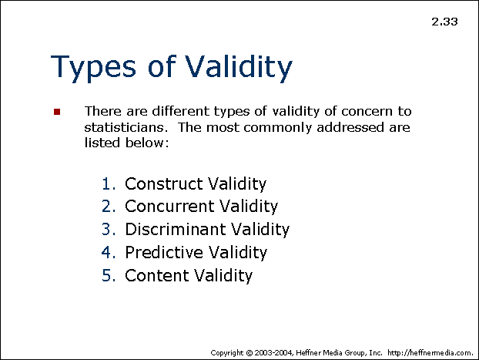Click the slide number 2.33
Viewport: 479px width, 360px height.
(444, 22)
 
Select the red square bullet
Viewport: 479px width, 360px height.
(57, 112)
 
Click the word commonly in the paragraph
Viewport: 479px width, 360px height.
(277, 128)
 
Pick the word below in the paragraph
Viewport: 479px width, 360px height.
(147, 143)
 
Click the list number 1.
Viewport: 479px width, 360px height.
(109, 183)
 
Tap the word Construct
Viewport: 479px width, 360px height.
(164, 183)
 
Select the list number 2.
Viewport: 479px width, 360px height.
(109, 206)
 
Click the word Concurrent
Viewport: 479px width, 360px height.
(169, 206)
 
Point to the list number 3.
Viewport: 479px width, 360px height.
(109, 230)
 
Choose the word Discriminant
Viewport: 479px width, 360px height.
(176, 229)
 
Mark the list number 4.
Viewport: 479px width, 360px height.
(109, 252)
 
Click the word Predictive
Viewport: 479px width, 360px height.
(164, 252)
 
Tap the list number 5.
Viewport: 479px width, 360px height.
(109, 275)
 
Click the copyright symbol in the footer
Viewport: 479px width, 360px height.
(250, 353)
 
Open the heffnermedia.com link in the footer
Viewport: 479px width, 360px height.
(430, 353)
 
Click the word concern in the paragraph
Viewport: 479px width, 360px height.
(367, 111)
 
